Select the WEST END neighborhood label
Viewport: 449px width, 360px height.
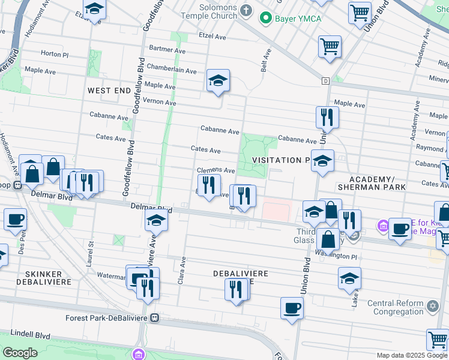tap(109, 91)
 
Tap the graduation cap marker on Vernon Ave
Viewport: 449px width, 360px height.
tap(218, 81)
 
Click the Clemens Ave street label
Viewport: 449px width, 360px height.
tap(215, 170)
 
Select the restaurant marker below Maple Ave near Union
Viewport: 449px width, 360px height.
tap(327, 117)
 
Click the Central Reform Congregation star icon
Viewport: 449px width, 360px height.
tap(433, 306)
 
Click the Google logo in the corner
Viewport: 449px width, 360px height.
tap(20, 352)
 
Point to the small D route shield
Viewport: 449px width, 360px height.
tap(326, 80)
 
